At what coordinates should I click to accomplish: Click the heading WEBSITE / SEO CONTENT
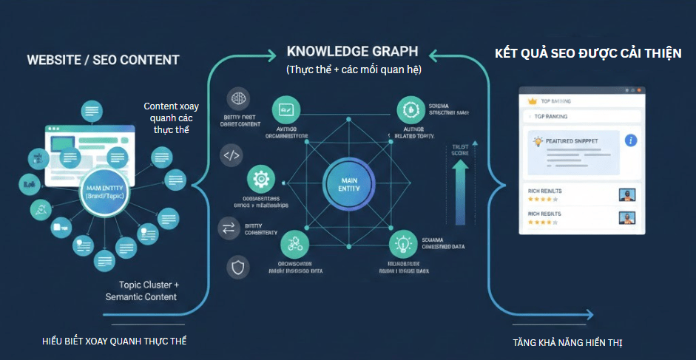coord(103,60)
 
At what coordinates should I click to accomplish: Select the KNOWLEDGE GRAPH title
coord(352,52)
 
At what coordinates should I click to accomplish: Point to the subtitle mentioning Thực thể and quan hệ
coord(353,70)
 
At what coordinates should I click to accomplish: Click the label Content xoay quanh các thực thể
coord(171,118)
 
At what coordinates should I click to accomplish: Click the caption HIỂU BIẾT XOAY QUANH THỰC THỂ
coord(115,341)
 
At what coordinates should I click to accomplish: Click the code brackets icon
coord(232,156)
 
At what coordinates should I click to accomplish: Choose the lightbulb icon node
coord(404,243)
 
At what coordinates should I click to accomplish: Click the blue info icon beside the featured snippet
coord(631,140)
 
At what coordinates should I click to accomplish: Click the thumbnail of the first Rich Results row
coord(627,195)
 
